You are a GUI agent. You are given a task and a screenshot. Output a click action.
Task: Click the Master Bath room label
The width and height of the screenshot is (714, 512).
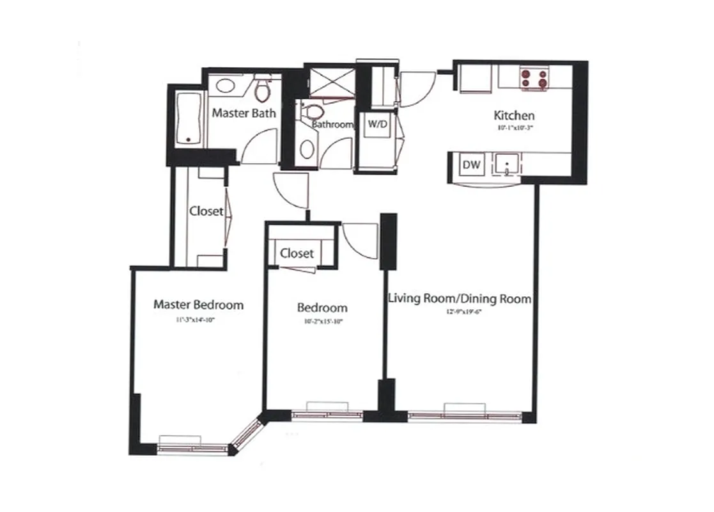(x=244, y=113)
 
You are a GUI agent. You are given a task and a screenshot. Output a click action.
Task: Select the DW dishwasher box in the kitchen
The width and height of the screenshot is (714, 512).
(x=472, y=165)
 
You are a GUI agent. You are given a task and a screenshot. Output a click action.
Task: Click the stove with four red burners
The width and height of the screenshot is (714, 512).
(x=536, y=77)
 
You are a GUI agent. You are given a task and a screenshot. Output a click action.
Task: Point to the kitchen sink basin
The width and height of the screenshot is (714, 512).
(x=507, y=164)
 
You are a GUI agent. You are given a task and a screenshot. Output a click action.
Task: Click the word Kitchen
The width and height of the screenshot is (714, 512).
(x=514, y=116)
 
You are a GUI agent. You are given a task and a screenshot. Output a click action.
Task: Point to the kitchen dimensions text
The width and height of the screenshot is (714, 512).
(x=514, y=127)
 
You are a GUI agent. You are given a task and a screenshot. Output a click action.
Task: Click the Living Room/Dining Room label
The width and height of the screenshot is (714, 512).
(x=460, y=298)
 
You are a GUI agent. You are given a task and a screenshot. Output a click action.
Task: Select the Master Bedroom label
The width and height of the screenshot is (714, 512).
(x=198, y=305)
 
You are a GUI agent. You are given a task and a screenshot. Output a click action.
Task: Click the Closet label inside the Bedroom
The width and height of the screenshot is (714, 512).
(x=297, y=253)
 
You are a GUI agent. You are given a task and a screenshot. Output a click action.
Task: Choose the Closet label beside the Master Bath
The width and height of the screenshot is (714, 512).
(x=206, y=211)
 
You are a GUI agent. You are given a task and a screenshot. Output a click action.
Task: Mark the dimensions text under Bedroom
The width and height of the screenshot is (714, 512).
(x=322, y=322)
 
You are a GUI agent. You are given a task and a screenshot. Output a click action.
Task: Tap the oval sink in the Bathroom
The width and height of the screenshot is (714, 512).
(x=307, y=150)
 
